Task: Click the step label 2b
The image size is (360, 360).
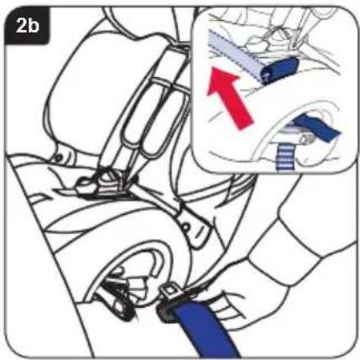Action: point(28,26)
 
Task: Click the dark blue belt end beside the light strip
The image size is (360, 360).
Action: point(279,70)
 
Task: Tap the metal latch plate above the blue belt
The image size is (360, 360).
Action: point(169,291)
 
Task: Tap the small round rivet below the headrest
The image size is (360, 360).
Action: point(58,158)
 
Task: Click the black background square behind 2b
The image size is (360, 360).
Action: point(27,25)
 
